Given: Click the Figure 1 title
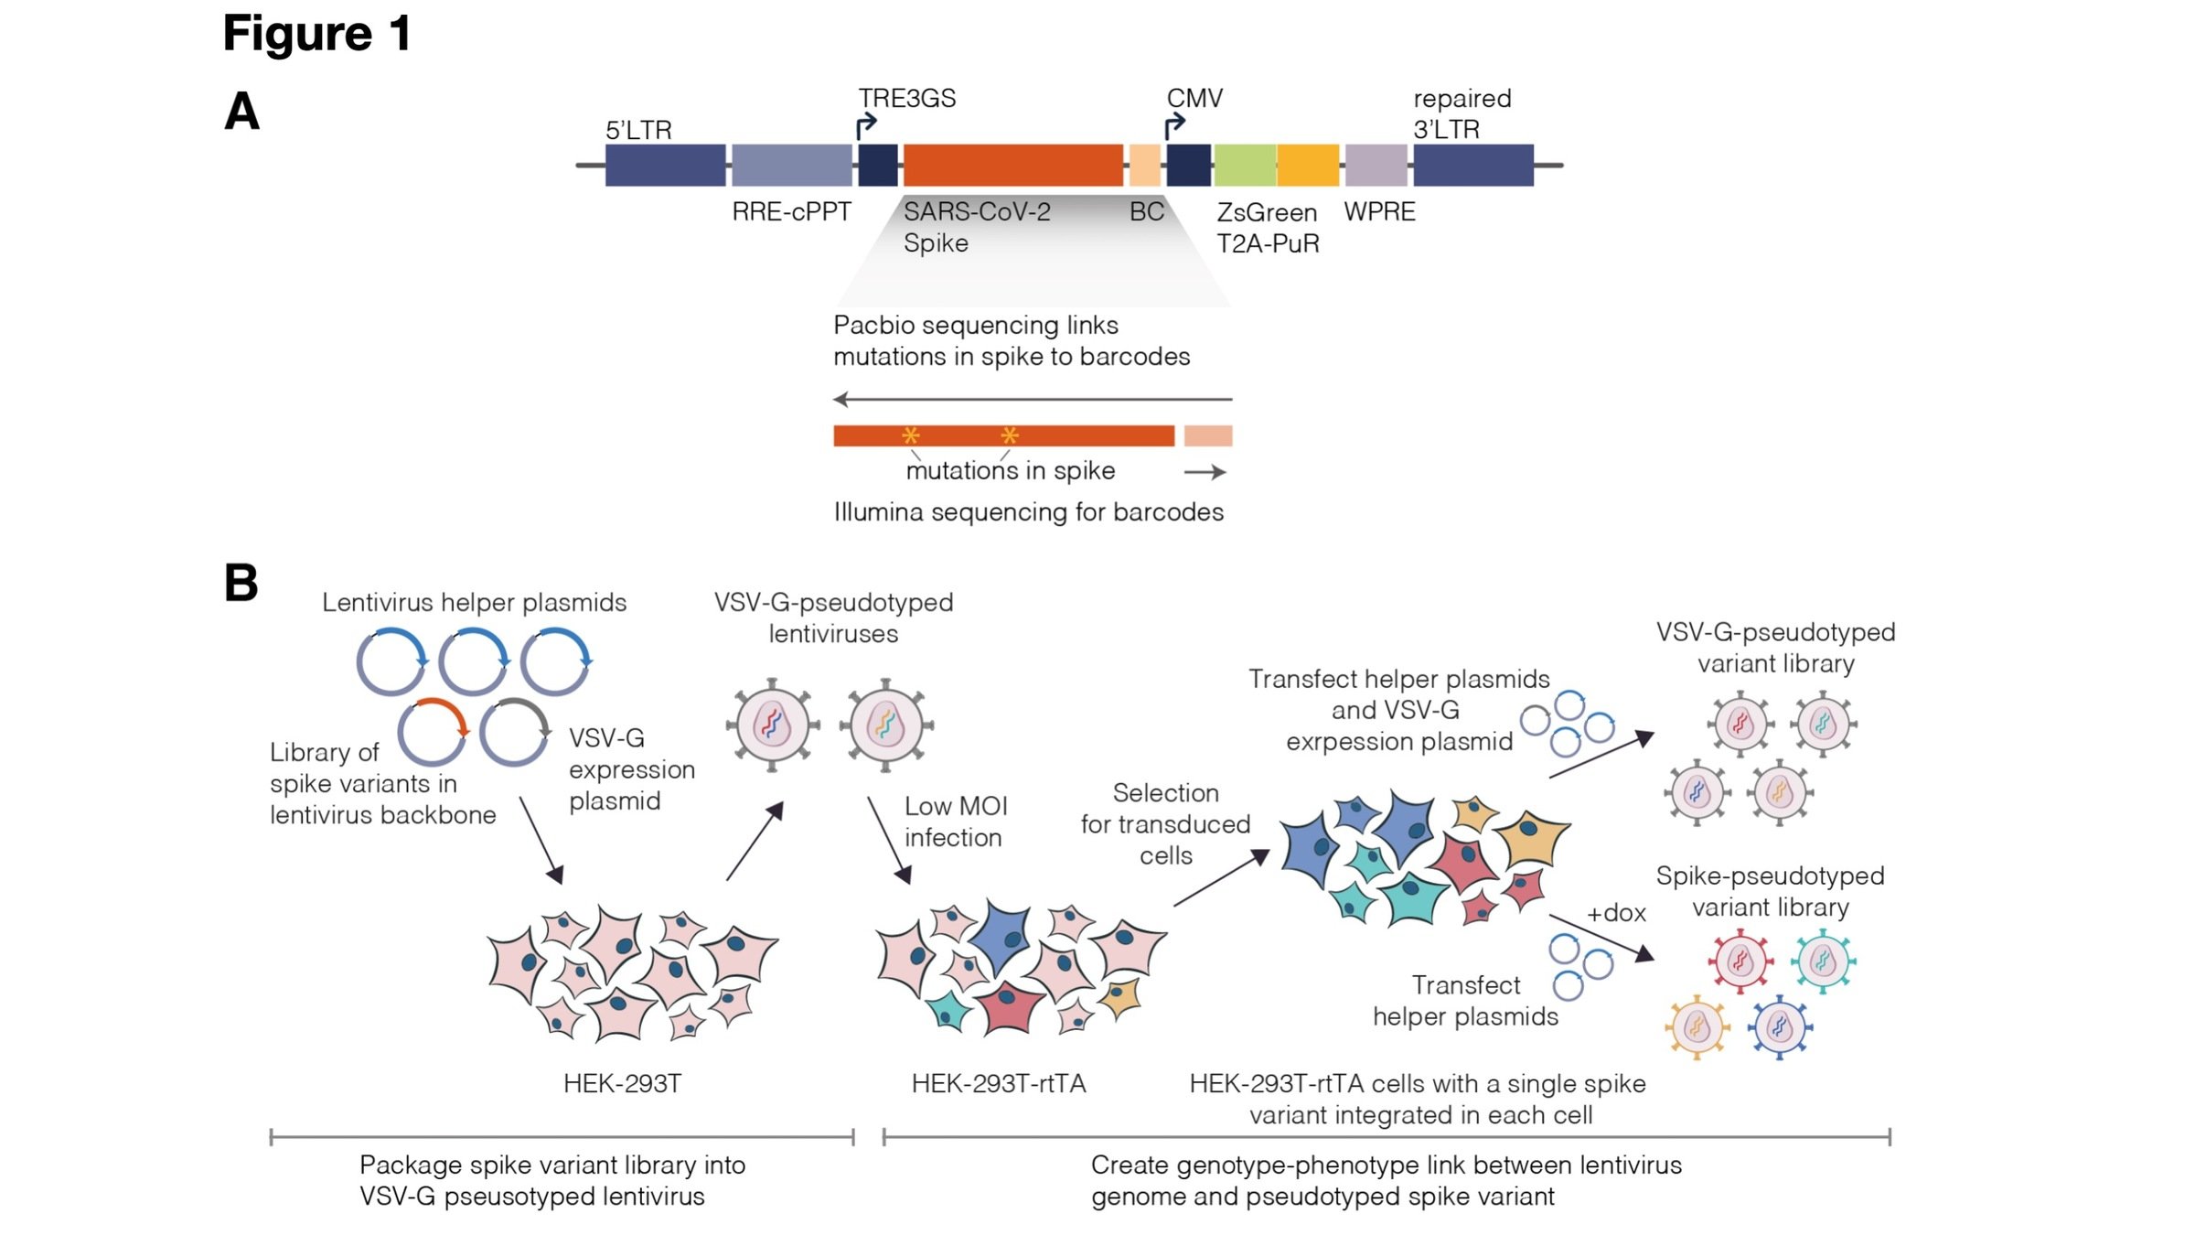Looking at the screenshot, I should pyautogui.click(x=316, y=34).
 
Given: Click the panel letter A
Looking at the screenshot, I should pyautogui.click(x=241, y=112).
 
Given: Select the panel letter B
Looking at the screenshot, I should pyautogui.click(x=241, y=583).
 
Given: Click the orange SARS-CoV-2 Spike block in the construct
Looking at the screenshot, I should pyautogui.click(x=1012, y=165).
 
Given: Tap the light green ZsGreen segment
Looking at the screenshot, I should pyautogui.click(x=1244, y=165).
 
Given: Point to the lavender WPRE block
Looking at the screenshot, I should pyautogui.click(x=1376, y=165).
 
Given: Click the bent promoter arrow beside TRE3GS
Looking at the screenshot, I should pyautogui.click(x=864, y=125).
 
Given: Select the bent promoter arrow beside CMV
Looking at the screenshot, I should pyautogui.click(x=1173, y=125).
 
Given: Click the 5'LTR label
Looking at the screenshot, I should pyautogui.click(x=638, y=130).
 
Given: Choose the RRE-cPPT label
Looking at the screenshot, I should pyautogui.click(x=791, y=212).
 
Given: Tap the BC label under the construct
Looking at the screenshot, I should pyautogui.click(x=1146, y=212).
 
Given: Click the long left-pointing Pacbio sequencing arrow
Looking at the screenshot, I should pyautogui.click(x=1033, y=399).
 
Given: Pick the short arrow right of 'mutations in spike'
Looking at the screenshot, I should pyautogui.click(x=1205, y=472).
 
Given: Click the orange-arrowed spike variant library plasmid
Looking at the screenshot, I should pyautogui.click(x=433, y=732).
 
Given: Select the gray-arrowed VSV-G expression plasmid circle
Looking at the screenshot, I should pyautogui.click(x=515, y=732).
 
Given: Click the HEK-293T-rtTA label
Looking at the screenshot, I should pyautogui.click(x=998, y=1084).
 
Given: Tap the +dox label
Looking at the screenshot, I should pyautogui.click(x=1616, y=913).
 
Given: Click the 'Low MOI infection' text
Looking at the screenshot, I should pyautogui.click(x=955, y=822).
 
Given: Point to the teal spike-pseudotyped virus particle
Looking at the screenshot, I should pyautogui.click(x=1823, y=961).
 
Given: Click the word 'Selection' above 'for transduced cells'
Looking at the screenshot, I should pyautogui.click(x=1165, y=793).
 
